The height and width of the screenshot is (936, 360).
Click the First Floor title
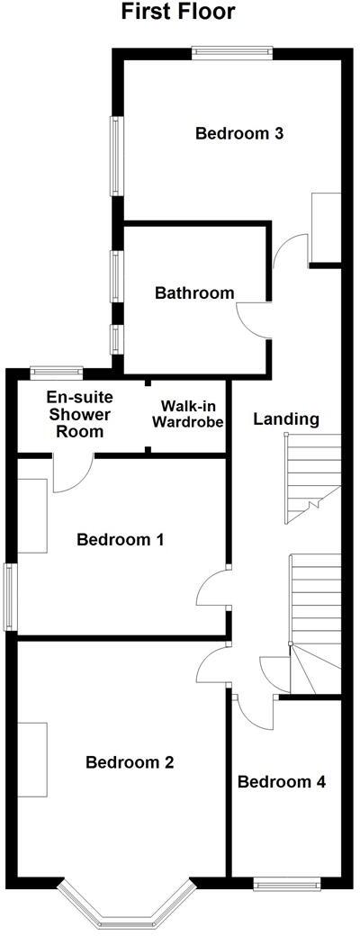point(178,13)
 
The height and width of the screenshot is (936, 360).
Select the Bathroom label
point(194,292)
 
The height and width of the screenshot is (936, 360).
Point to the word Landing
point(286,418)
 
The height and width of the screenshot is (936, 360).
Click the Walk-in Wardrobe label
point(188,414)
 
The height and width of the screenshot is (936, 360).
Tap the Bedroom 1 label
point(120,540)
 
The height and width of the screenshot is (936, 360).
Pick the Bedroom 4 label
point(281,781)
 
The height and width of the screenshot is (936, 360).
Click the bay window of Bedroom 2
point(126,904)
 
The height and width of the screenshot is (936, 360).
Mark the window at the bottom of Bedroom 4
point(285,884)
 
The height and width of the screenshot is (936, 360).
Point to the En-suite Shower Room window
point(57,370)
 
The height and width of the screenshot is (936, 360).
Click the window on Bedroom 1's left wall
point(9,597)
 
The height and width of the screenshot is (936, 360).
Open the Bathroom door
point(252,319)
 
